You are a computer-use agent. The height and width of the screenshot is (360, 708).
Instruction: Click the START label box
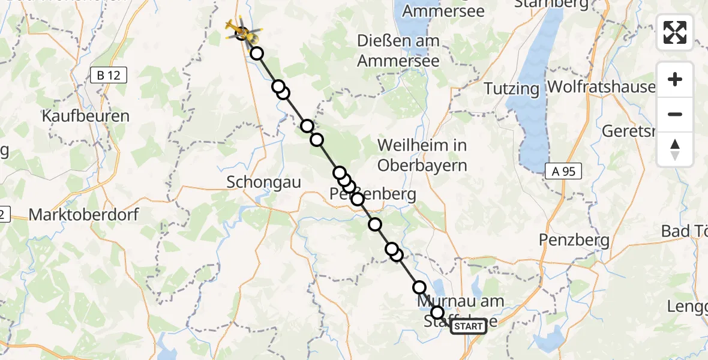468,326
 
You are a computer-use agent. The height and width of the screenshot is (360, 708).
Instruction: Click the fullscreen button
675,32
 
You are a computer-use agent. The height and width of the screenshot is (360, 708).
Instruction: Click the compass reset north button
675,149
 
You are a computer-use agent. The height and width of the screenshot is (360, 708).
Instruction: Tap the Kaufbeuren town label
86,116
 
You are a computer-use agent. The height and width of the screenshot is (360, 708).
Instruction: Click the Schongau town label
263,182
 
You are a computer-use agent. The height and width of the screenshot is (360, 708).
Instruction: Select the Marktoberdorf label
83,214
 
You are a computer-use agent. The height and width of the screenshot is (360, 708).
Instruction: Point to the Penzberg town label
574,241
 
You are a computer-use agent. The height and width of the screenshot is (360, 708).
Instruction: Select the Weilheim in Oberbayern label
422,155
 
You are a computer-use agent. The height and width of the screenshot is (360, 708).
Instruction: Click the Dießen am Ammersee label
398,50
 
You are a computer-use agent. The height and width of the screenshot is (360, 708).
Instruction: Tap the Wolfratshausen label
600,87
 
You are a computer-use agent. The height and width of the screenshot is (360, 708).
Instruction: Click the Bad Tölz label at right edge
684,231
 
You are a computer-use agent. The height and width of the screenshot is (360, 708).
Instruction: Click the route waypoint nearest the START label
437,312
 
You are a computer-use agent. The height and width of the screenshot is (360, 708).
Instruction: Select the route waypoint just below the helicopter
257,53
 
